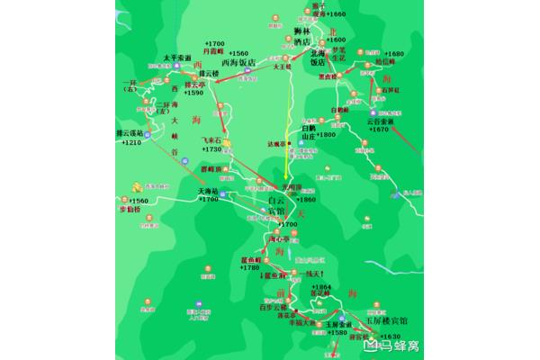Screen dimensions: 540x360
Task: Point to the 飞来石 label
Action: tap(211, 140)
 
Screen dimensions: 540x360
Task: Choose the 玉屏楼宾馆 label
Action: tap(386, 319)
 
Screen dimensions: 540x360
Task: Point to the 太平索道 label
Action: tap(178, 57)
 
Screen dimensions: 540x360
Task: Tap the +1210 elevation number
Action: tap(131, 143)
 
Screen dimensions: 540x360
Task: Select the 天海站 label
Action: tap(208, 191)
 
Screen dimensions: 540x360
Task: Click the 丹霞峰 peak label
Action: tap(214, 52)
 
